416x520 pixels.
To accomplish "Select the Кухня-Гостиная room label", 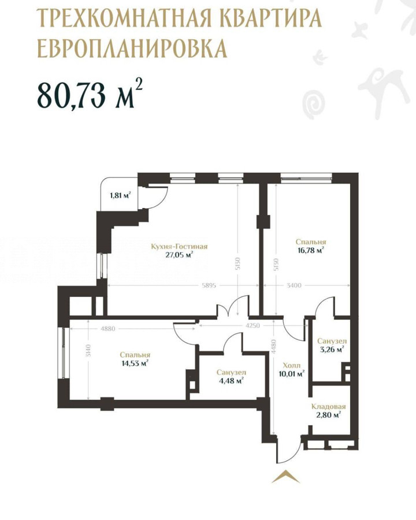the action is pos(179,246).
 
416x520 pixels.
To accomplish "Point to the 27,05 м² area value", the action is pos(179,254).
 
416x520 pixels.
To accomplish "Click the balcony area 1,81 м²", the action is pos(120,195).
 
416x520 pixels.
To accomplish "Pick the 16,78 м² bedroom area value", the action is pos(311,250).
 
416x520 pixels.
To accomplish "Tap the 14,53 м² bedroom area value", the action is pos(135,363).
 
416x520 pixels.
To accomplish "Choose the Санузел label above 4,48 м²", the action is pos(231,373).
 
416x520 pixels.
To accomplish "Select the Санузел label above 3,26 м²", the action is pos(332,341).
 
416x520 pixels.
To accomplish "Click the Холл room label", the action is pos(292,366).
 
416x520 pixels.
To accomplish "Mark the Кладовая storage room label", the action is pos(328,407).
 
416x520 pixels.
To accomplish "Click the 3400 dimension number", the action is pos(294,285).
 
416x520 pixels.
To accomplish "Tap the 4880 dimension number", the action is pos(107,329).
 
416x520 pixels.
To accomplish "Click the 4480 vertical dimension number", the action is pos(274,347).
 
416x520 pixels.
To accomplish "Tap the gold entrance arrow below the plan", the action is pos(285,477).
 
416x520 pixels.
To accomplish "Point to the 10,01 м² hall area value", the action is pos(292,374).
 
